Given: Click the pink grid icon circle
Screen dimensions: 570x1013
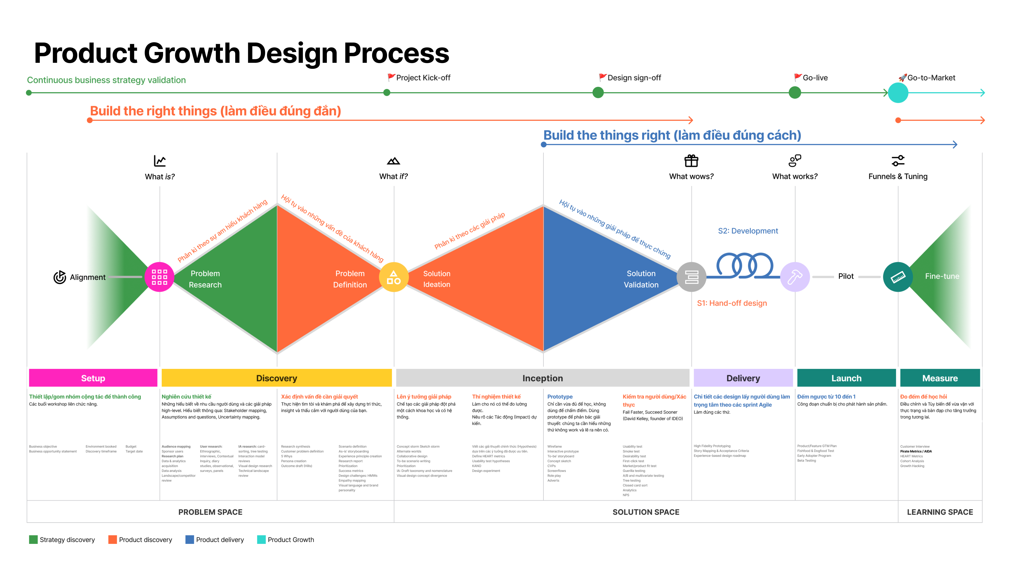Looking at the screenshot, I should pyautogui.click(x=159, y=277).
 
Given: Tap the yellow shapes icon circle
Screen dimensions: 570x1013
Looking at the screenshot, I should pyautogui.click(x=394, y=277).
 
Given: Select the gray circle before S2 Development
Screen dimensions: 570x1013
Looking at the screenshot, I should pyautogui.click(x=691, y=277).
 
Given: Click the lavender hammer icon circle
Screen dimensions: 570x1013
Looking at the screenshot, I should pyautogui.click(x=795, y=277).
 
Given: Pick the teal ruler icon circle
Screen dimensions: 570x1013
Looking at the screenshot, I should pyautogui.click(x=898, y=277).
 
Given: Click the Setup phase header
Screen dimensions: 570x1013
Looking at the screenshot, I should pyautogui.click(x=93, y=378).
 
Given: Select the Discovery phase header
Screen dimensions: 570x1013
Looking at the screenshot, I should pyautogui.click(x=276, y=378).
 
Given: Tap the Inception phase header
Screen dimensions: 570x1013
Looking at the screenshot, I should pyautogui.click(x=542, y=378).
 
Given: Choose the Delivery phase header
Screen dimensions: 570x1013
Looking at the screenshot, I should pyautogui.click(x=743, y=378).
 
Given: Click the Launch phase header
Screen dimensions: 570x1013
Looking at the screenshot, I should pyautogui.click(x=846, y=378).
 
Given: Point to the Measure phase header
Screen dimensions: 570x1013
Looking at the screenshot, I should pyautogui.click(x=940, y=378).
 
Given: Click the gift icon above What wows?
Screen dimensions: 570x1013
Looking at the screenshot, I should pyautogui.click(x=691, y=161).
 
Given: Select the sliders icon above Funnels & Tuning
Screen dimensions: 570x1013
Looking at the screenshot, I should pyautogui.click(x=898, y=161).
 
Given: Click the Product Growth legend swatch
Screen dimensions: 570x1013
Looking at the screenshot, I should pyautogui.click(x=261, y=540).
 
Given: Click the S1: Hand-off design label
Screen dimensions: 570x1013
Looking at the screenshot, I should pyautogui.click(x=732, y=303).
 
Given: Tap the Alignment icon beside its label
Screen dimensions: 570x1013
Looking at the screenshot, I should pyautogui.click(x=60, y=277).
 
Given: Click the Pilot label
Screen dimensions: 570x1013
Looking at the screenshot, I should pyautogui.click(x=846, y=276).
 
